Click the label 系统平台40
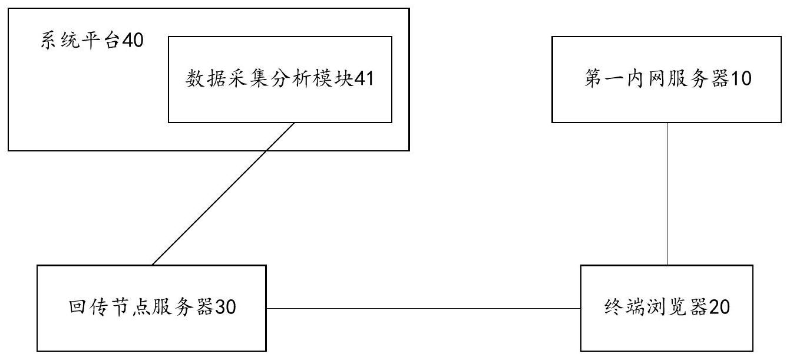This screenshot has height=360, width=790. coord(92,42)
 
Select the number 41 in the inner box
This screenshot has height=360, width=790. coord(363,79)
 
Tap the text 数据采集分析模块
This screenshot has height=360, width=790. coord(269,79)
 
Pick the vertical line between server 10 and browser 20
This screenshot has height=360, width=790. coord(667,194)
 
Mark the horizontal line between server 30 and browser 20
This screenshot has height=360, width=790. coord(423,308)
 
